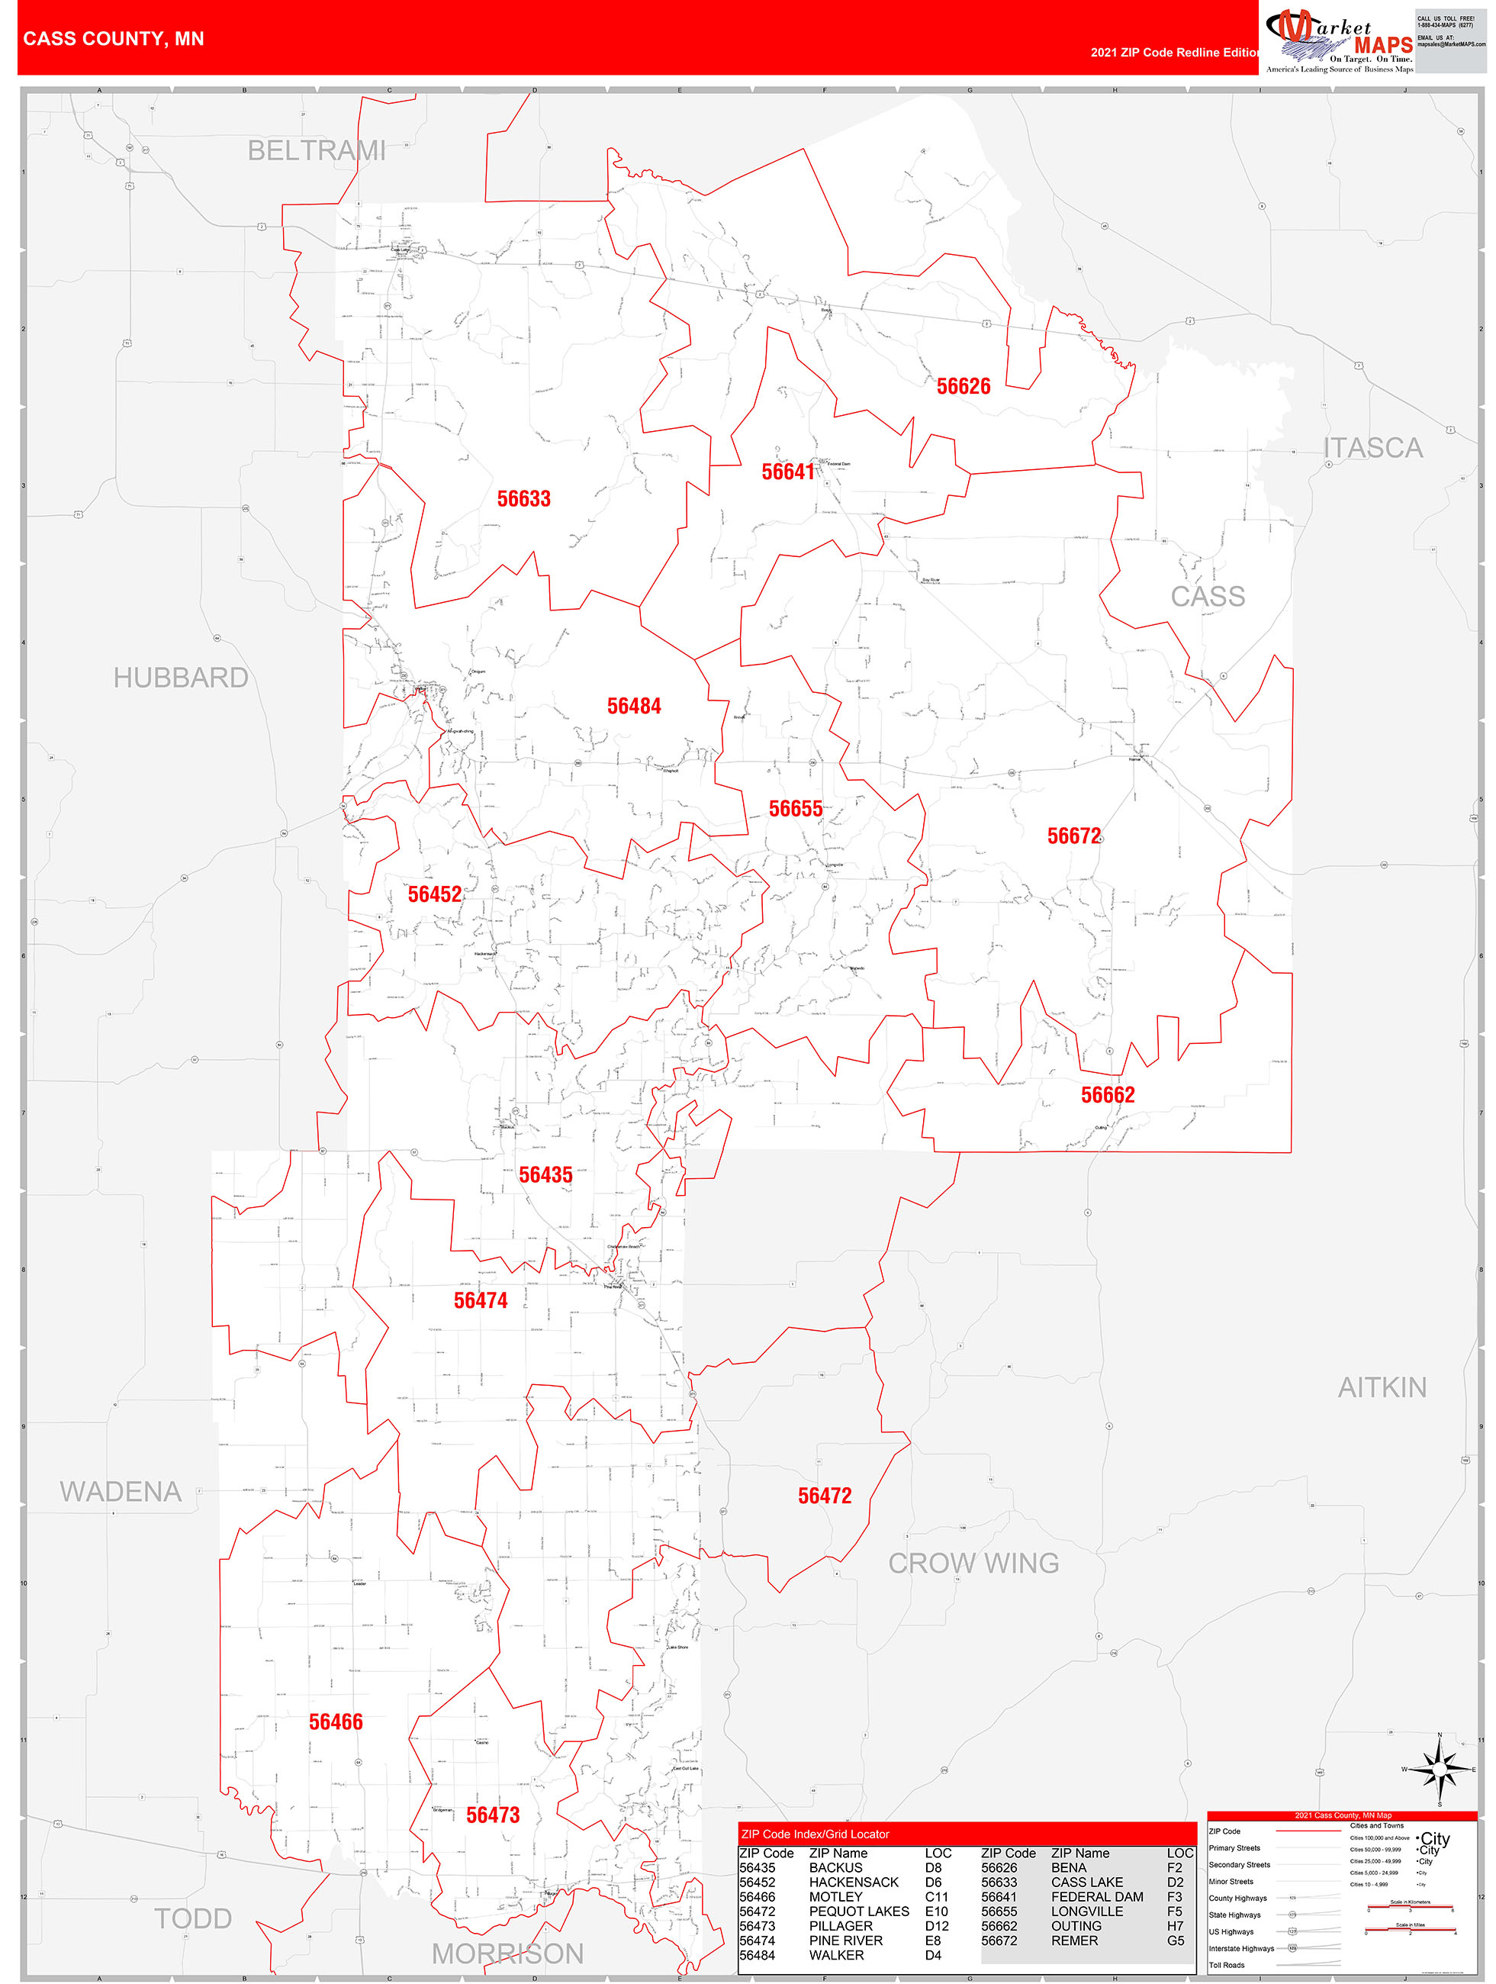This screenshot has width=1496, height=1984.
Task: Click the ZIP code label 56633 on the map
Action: pyautogui.click(x=524, y=499)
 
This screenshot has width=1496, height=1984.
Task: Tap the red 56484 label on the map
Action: pyautogui.click(x=633, y=707)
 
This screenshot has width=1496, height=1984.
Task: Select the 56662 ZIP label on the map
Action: pyautogui.click(x=1107, y=1095)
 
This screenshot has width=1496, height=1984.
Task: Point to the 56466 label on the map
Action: pyautogui.click(x=336, y=1722)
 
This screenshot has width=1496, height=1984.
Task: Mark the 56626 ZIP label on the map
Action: pyautogui.click(x=964, y=387)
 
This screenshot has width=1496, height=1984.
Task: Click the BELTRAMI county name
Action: pyautogui.click(x=317, y=150)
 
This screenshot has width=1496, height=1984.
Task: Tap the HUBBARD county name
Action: pyautogui.click(x=180, y=678)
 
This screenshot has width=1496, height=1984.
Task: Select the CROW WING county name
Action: pyautogui.click(x=973, y=1564)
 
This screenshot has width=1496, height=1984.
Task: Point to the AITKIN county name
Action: pyautogui.click(x=1382, y=1389)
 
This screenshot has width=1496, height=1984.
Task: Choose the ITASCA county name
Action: pyautogui.click(x=1372, y=449)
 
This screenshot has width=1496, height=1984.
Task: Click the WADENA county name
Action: pyautogui.click(x=121, y=1493)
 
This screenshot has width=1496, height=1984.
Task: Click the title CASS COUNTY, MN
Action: pyautogui.click(x=114, y=39)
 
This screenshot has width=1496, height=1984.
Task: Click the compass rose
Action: pyautogui.click(x=1439, y=1770)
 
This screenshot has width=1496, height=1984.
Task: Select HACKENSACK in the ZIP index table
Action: pyautogui.click(x=853, y=1883)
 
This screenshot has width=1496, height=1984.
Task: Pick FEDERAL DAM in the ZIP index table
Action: pyautogui.click(x=1096, y=1897)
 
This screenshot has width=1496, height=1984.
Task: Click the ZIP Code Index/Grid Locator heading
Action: pyautogui.click(x=814, y=1834)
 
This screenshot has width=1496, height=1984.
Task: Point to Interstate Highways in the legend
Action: pyautogui.click(x=1240, y=1949)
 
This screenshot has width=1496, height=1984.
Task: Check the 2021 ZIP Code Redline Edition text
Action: pyautogui.click(x=1175, y=53)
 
